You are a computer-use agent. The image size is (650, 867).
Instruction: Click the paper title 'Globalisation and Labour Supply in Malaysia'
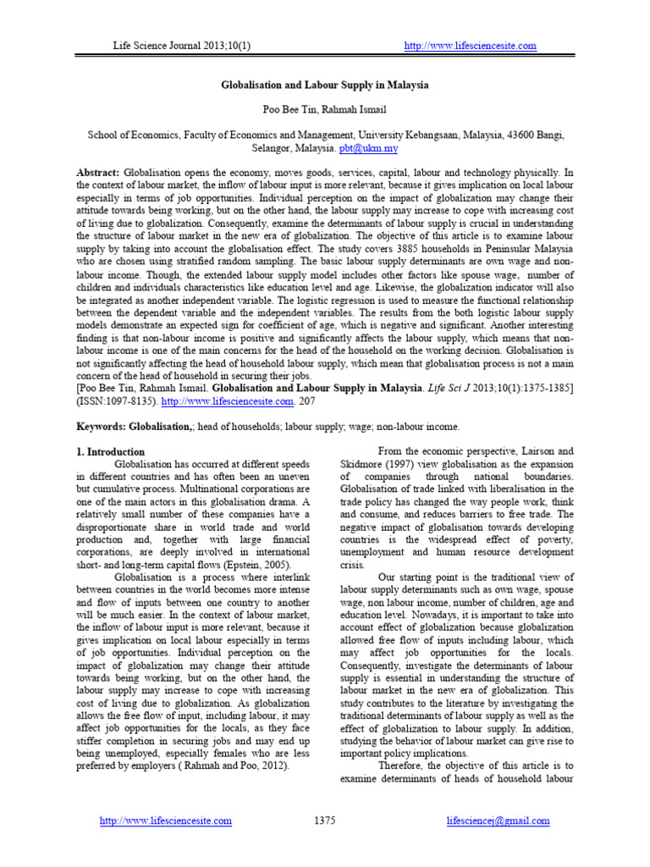pyautogui.click(x=325, y=86)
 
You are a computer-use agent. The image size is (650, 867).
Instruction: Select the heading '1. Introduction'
pyautogui.click(x=110, y=452)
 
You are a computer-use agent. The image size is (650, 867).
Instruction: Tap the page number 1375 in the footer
pyautogui.click(x=325, y=820)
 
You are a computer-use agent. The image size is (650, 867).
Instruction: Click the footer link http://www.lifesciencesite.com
pyautogui.click(x=166, y=820)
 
